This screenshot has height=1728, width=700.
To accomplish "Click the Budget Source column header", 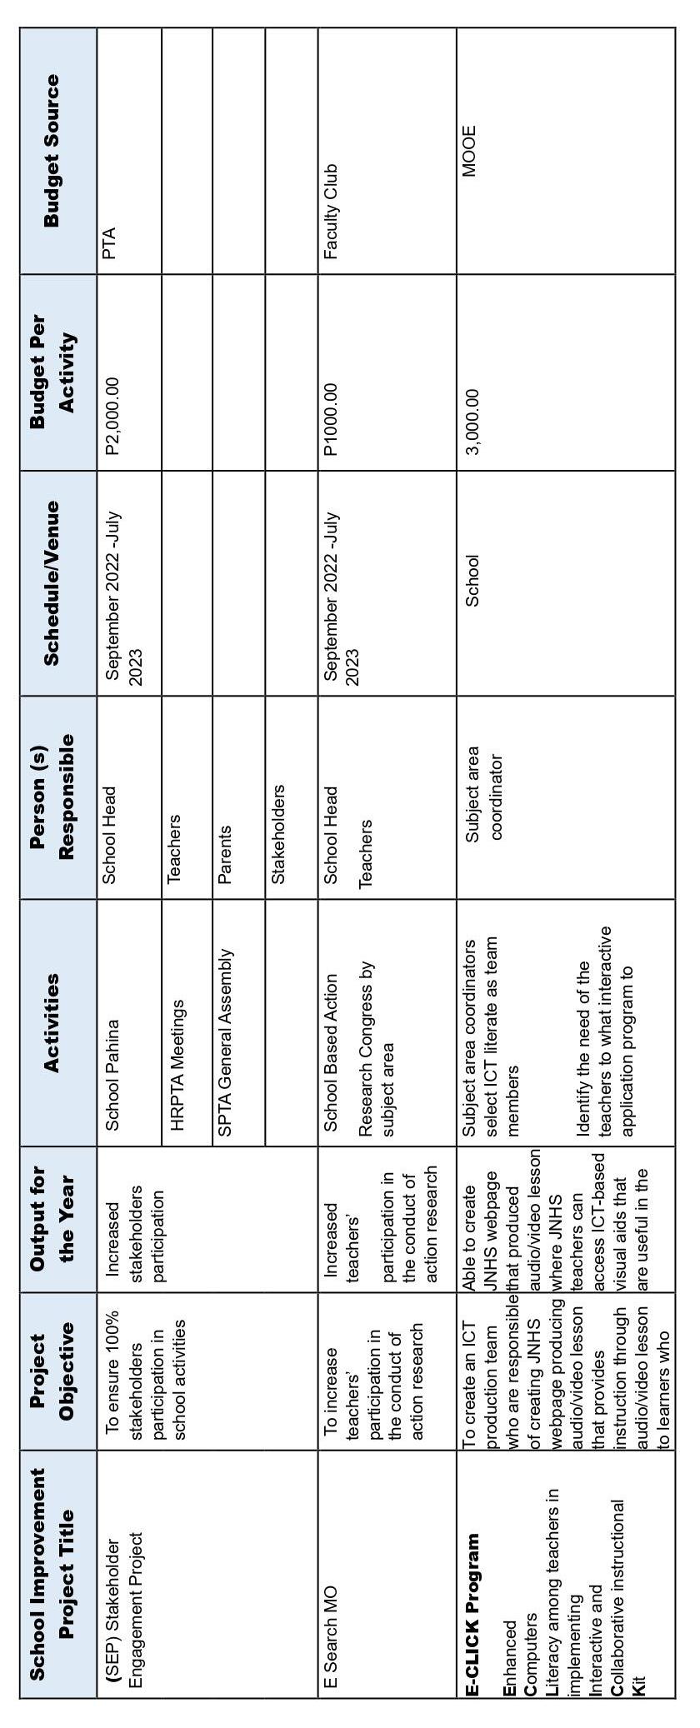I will pyautogui.click(x=52, y=150).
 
